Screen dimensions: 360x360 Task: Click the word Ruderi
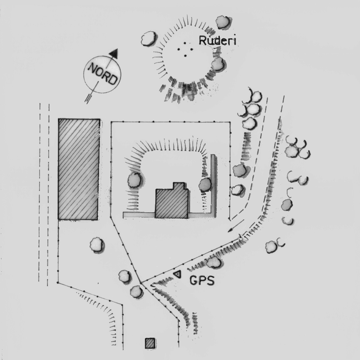[217, 41]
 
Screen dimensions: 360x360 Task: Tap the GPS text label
[202, 281]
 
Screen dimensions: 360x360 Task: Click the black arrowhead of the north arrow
[114, 53]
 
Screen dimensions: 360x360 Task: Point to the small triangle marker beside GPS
[177, 274]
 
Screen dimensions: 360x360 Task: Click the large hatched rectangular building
[79, 169]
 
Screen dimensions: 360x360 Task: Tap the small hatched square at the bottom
[150, 343]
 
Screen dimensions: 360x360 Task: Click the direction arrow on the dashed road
[236, 226]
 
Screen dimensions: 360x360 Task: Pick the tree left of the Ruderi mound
[149, 38]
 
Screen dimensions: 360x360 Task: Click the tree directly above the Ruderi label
[223, 22]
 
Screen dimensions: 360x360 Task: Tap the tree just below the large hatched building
[97, 245]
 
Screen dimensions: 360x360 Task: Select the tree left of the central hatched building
[134, 180]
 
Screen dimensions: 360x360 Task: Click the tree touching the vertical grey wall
[205, 185]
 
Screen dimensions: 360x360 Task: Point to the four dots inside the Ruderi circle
[185, 49]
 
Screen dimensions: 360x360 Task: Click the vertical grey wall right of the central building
[213, 186]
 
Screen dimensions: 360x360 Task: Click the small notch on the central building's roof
[179, 186]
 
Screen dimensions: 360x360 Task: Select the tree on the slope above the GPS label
[214, 262]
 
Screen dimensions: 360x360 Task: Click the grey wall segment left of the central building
[139, 215]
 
